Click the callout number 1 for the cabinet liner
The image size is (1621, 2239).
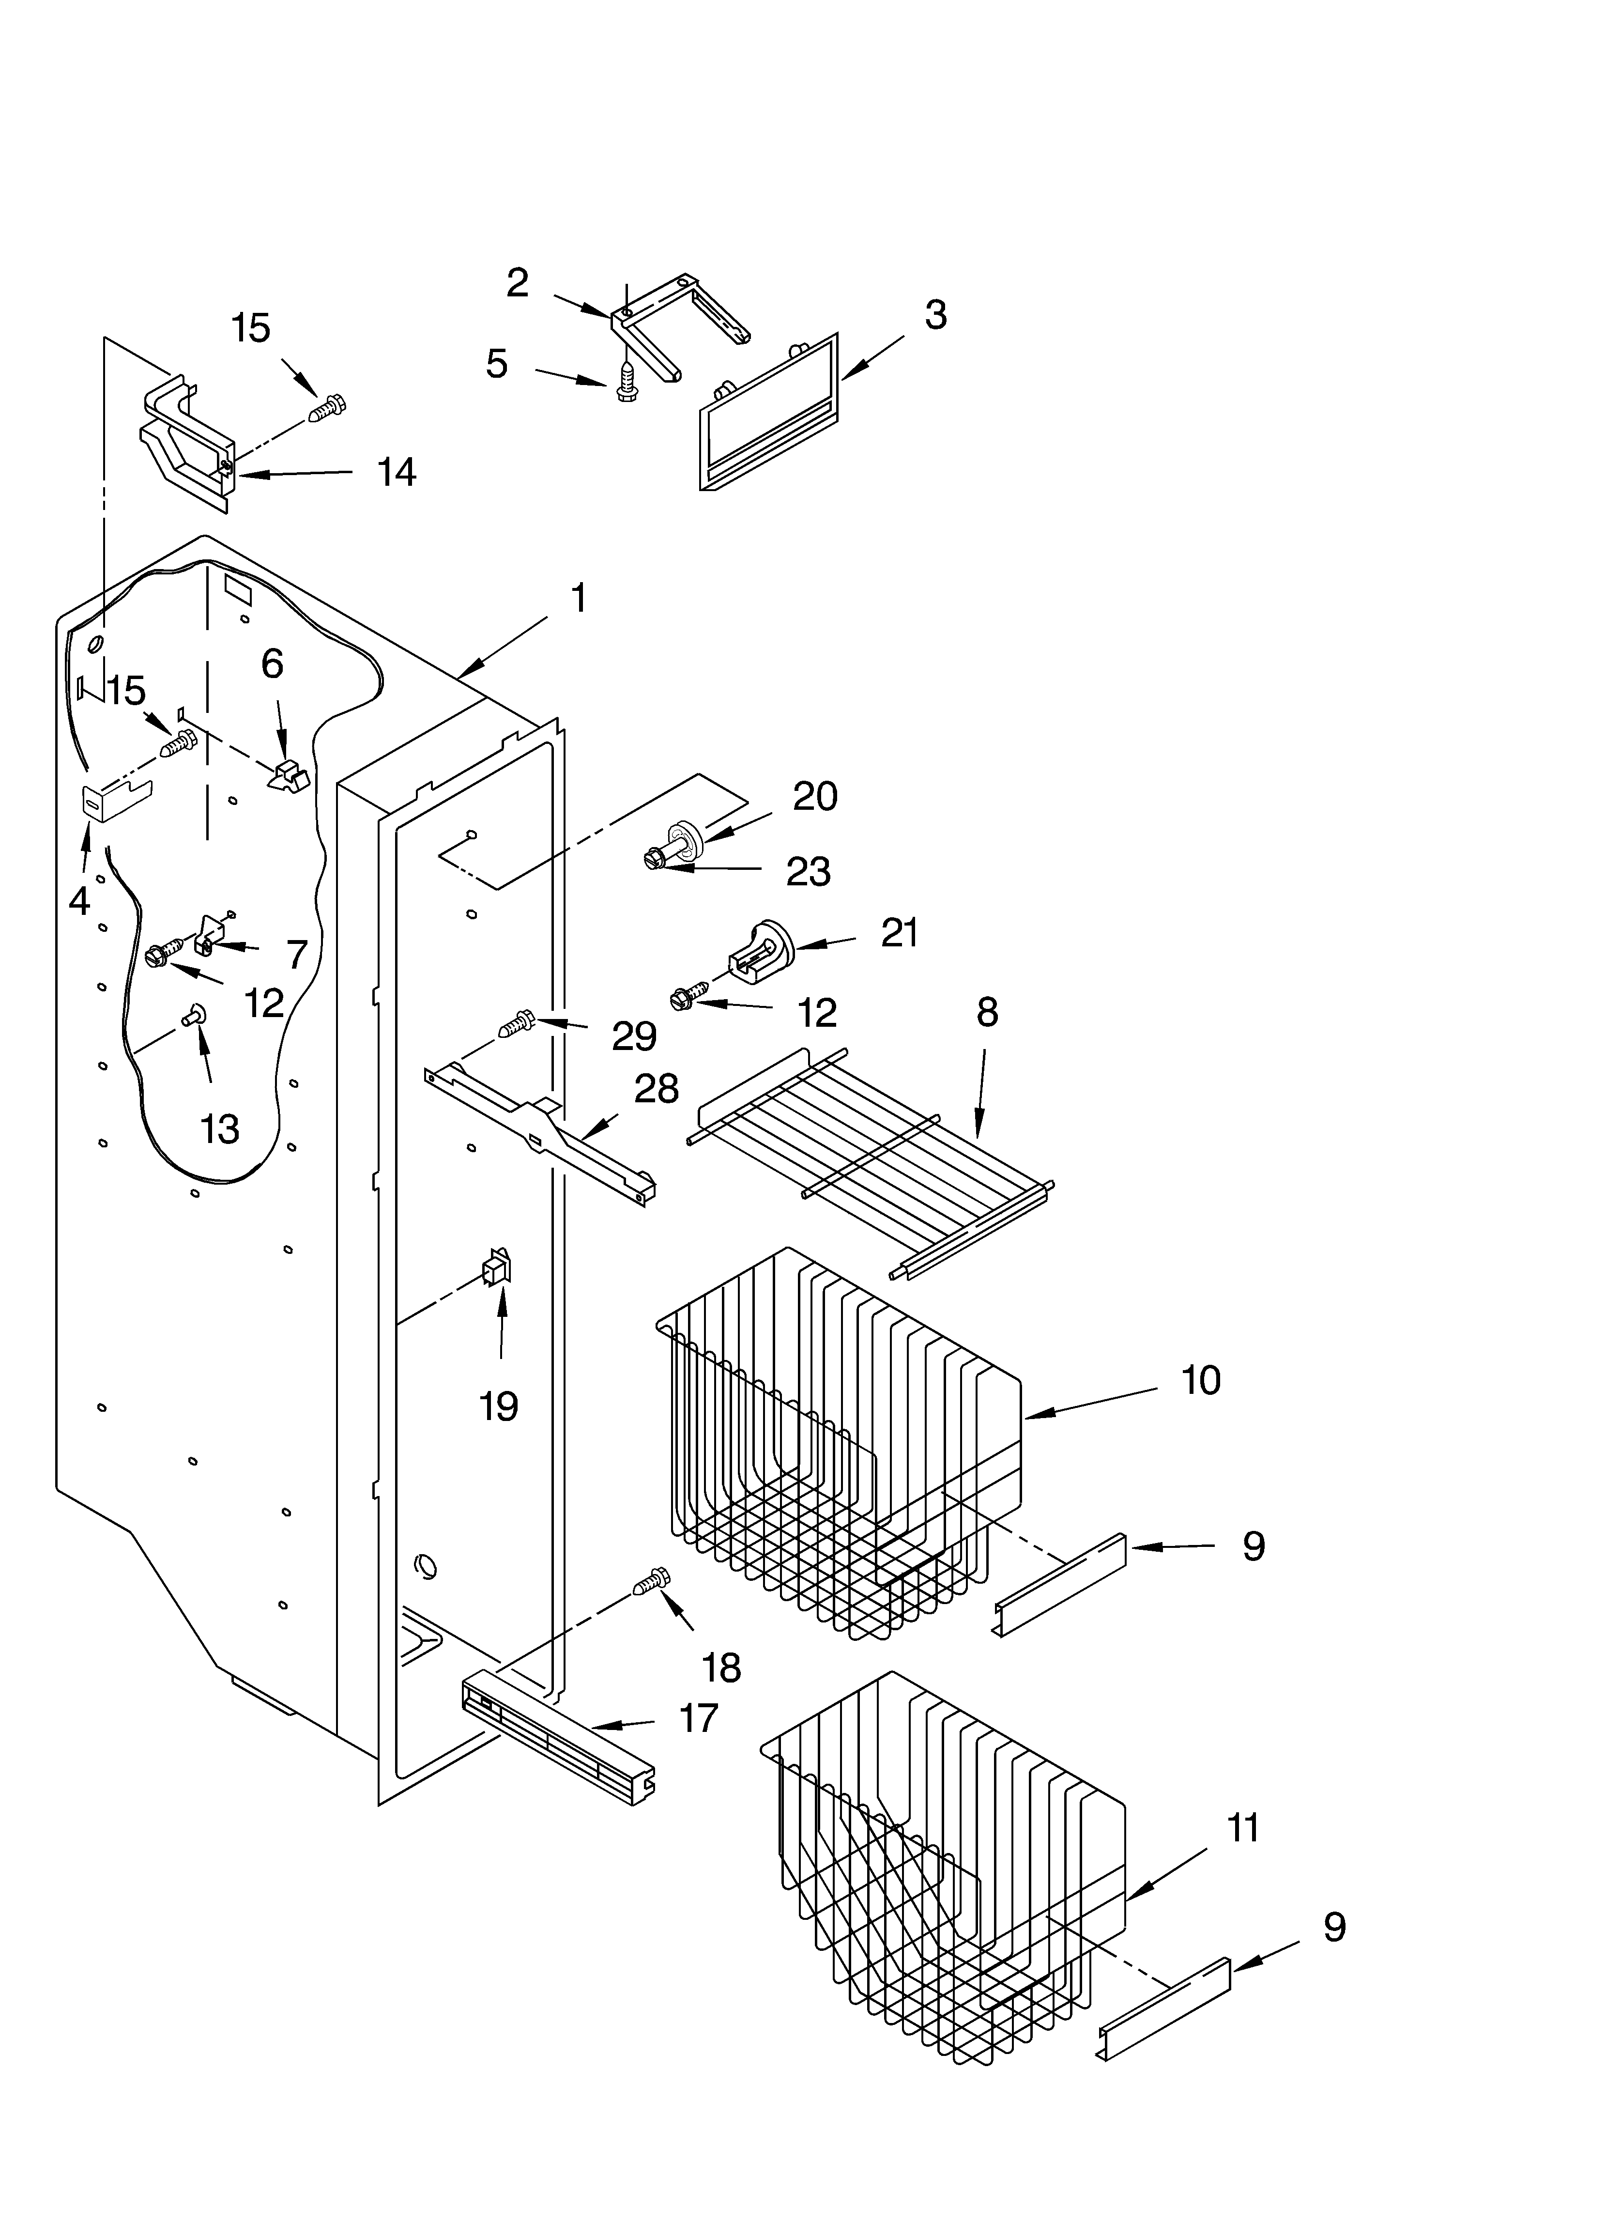click(579, 598)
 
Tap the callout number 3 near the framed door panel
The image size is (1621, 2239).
click(935, 315)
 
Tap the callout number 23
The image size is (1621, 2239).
click(808, 872)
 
